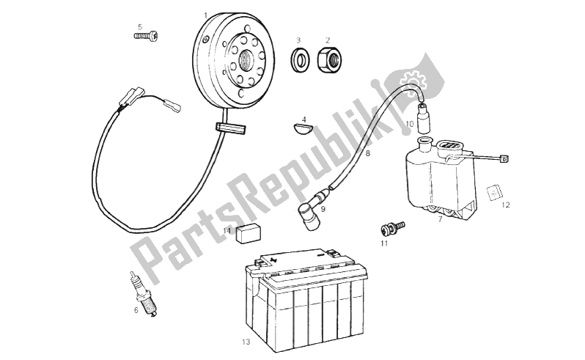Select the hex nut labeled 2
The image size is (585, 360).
[x=328, y=59]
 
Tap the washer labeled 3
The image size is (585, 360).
[x=301, y=59]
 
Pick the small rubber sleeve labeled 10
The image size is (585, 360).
[x=423, y=118]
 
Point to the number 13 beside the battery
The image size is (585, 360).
[x=246, y=342]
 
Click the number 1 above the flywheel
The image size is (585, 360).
[x=205, y=15]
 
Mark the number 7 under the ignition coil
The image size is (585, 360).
[x=440, y=219]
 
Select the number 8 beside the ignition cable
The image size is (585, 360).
[x=367, y=153]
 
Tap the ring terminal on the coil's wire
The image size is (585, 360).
[x=504, y=159]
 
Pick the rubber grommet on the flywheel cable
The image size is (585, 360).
[x=231, y=128]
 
